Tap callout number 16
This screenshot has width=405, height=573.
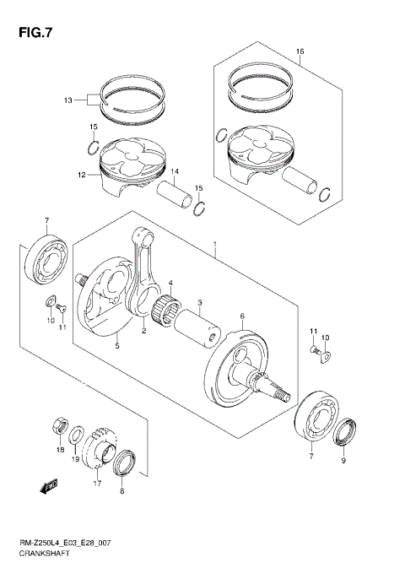(x=300, y=52)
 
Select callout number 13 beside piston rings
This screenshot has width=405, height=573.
(x=68, y=100)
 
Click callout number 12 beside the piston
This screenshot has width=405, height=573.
(x=82, y=176)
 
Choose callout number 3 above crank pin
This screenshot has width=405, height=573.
(x=199, y=302)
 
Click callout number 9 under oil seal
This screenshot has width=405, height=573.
(x=343, y=461)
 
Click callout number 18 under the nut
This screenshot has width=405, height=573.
(x=60, y=451)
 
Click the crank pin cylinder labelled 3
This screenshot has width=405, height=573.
(x=201, y=331)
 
